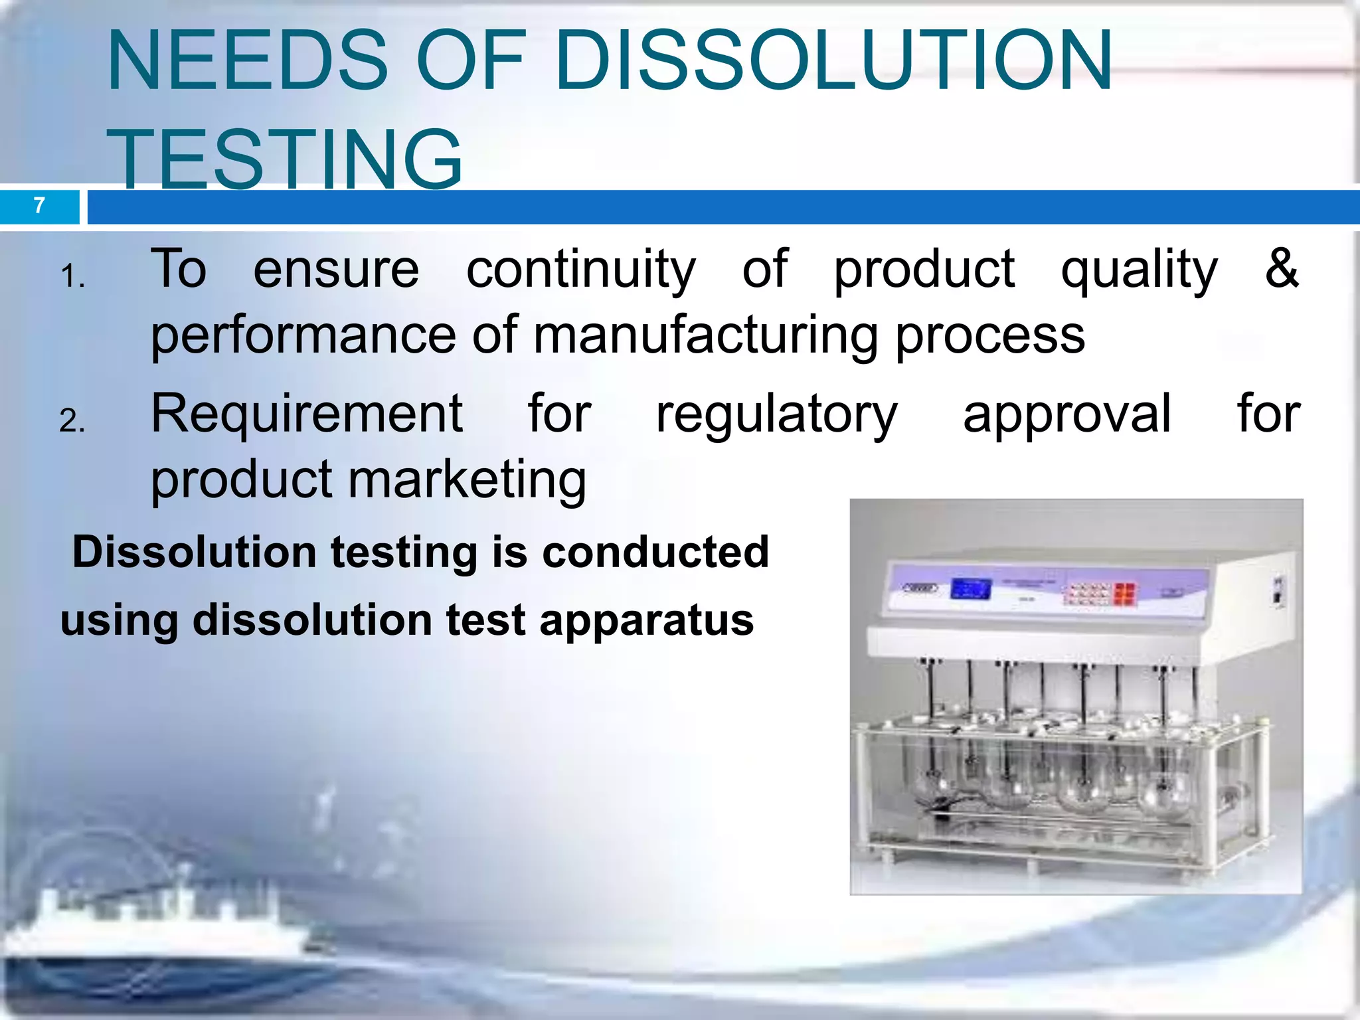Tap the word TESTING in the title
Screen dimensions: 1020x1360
(x=284, y=159)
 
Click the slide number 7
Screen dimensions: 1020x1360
(x=39, y=206)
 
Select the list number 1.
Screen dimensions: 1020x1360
(x=72, y=276)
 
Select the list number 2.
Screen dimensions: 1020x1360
(x=72, y=421)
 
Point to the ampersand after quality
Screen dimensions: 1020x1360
(x=1281, y=268)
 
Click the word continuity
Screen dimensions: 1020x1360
(x=581, y=270)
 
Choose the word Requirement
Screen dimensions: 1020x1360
(x=307, y=414)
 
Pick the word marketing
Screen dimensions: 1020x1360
(x=467, y=479)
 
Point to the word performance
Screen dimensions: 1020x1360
(x=303, y=336)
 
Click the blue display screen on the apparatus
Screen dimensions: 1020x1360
(x=971, y=588)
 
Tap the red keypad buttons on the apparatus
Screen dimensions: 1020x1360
(x=1124, y=594)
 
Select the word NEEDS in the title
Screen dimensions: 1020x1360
(x=247, y=61)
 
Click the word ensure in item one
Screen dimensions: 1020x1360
(x=336, y=270)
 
